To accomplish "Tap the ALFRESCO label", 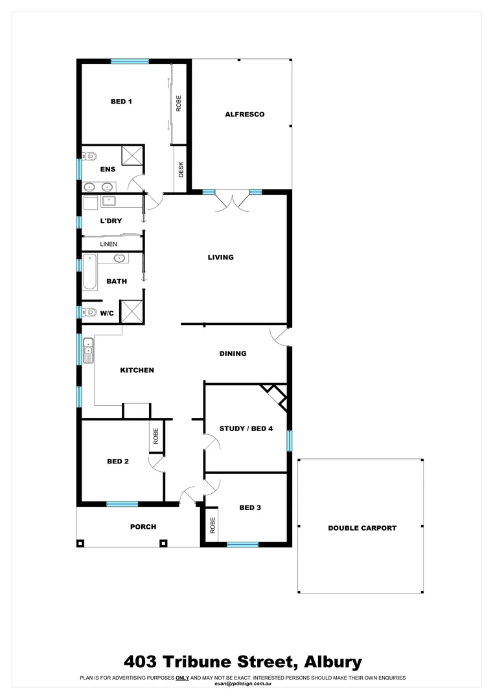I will pyautogui.click(x=244, y=115).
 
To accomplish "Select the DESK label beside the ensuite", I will pyautogui.click(x=181, y=170).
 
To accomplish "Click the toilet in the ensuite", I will pyautogui.click(x=90, y=156).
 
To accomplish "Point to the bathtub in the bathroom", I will pyautogui.click(x=89, y=272).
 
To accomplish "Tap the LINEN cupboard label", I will pyautogui.click(x=108, y=244).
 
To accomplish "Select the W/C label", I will pyautogui.click(x=108, y=313).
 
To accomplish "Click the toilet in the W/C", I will pyautogui.click(x=90, y=313).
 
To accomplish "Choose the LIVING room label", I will pyautogui.click(x=220, y=258).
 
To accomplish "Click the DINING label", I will pyautogui.click(x=233, y=353).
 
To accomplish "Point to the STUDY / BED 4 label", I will pyautogui.click(x=246, y=428).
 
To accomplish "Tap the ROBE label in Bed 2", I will pyautogui.click(x=155, y=436).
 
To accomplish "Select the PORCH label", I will pyautogui.click(x=143, y=527).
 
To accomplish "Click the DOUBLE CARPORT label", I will pyautogui.click(x=362, y=528).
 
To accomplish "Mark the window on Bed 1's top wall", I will pyautogui.click(x=130, y=61).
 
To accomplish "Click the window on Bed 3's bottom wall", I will pyautogui.click(x=242, y=544).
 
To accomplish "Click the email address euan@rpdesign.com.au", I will pyautogui.click(x=242, y=684).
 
